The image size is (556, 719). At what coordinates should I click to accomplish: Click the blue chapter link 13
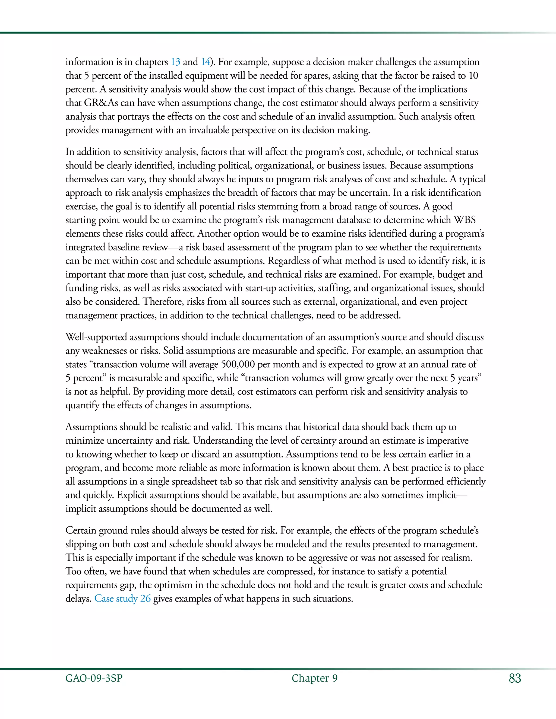pos(175,62)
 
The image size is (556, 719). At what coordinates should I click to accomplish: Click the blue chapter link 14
pos(206,62)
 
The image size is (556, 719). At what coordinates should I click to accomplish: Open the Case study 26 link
pos(122,598)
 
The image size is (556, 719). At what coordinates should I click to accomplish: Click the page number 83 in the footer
pos(515,678)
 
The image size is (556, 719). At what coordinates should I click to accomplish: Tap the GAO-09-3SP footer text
pos(94,678)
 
